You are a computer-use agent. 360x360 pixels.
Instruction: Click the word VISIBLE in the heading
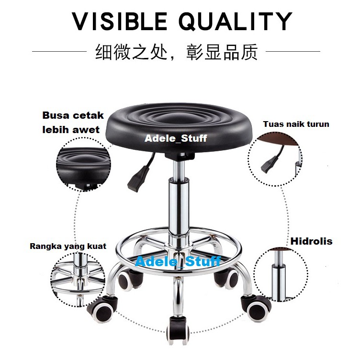click(x=119, y=22)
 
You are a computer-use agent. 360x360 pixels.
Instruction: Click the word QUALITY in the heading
click(x=236, y=22)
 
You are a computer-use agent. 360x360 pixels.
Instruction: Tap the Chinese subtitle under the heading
click(x=176, y=52)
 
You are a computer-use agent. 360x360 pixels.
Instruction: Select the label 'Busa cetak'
click(x=73, y=115)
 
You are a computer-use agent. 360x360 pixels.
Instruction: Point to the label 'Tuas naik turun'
click(x=296, y=124)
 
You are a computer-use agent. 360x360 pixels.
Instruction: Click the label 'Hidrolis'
click(x=311, y=241)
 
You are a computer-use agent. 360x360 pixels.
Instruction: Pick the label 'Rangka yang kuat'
click(x=68, y=247)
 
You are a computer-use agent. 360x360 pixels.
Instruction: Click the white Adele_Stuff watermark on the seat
click(x=176, y=138)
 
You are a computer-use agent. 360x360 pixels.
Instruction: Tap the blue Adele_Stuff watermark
click(x=178, y=261)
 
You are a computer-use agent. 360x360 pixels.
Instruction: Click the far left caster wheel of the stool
click(x=101, y=309)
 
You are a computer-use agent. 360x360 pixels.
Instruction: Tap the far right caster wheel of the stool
click(x=257, y=308)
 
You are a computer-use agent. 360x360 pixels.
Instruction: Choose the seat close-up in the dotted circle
click(x=84, y=165)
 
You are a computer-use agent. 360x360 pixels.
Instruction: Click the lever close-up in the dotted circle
click(x=275, y=159)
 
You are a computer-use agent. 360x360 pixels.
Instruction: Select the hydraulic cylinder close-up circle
click(x=281, y=275)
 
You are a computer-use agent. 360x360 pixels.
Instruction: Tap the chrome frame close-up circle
click(x=78, y=280)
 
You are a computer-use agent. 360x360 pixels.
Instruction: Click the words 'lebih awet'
click(x=71, y=130)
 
